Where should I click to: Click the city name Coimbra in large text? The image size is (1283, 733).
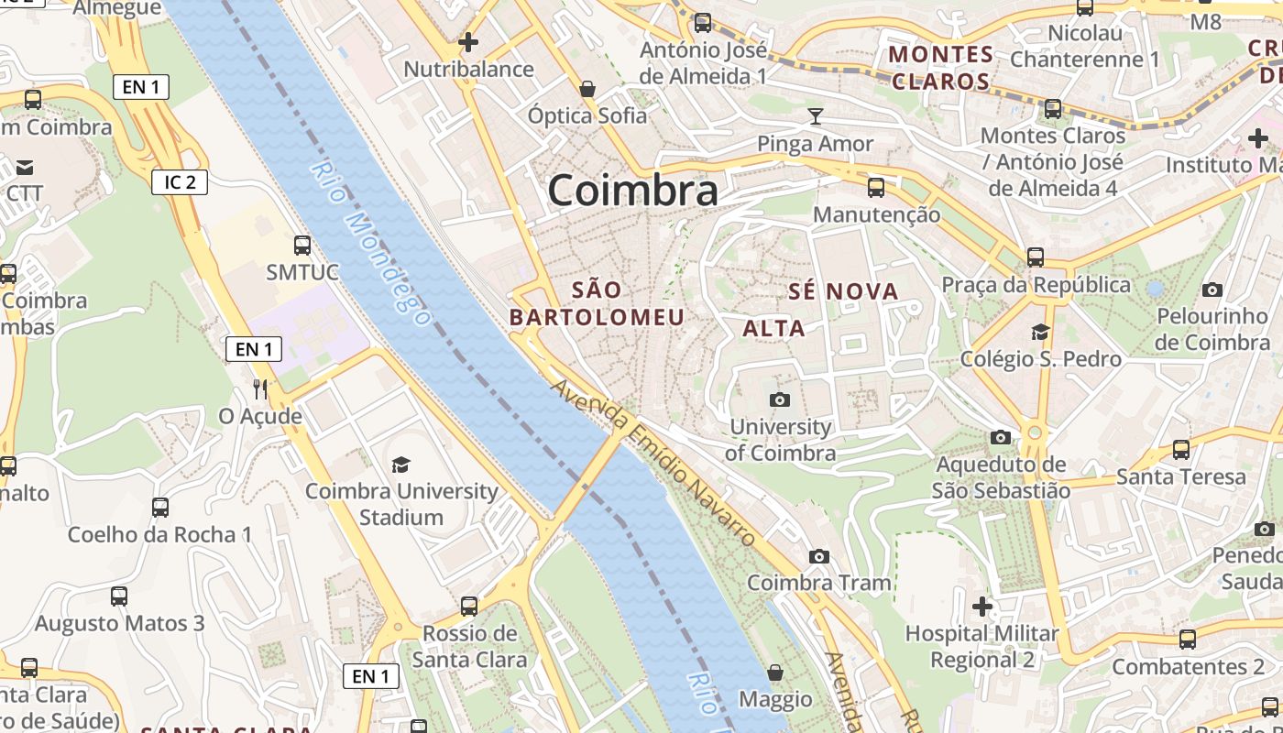coord(633,190)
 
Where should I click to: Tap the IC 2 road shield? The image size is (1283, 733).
coord(180,182)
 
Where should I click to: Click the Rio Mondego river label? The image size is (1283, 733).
coord(369,244)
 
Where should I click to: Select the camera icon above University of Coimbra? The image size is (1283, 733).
coord(780,399)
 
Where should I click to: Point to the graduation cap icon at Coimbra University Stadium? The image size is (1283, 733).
coord(400,465)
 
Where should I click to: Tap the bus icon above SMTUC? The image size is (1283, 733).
coord(302,246)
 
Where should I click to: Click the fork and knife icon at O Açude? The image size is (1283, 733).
coord(260,389)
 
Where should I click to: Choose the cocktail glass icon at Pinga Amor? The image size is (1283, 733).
coord(816,116)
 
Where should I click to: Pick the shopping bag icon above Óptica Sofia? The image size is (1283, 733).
coord(587,89)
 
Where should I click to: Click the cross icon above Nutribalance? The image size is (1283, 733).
coord(468,42)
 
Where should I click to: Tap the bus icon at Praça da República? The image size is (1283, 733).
coord(1036,257)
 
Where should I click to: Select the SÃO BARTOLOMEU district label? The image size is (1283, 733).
coord(597,304)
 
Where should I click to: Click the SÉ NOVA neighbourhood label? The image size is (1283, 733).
coord(843,292)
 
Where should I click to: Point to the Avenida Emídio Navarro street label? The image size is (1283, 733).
coord(654,463)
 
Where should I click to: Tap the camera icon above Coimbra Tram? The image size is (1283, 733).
coord(819,556)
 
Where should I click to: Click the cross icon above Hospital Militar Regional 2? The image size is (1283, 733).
coord(982,606)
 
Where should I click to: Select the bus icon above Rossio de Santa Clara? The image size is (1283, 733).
coord(469,606)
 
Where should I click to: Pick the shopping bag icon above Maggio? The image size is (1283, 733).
coord(775,673)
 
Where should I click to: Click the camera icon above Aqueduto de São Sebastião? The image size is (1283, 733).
coord(1001,438)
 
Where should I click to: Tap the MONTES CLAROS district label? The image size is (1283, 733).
coord(941,68)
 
